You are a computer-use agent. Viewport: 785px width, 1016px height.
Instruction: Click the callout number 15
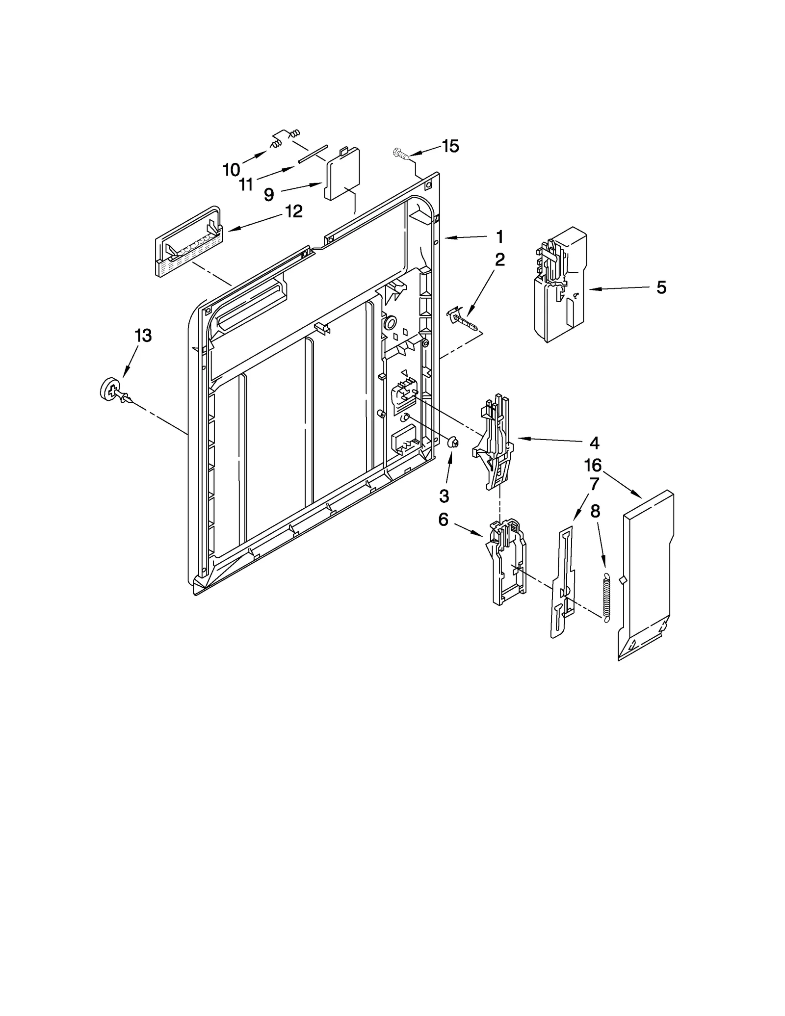450,146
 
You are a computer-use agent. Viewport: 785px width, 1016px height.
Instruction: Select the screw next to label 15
400,155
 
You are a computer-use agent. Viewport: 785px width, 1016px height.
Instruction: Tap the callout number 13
143,336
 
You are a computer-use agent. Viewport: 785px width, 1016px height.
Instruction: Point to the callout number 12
293,211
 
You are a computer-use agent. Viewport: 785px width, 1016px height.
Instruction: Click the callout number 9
268,195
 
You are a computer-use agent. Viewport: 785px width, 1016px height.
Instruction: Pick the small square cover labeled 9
343,174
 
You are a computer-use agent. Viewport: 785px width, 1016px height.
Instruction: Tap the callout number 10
231,170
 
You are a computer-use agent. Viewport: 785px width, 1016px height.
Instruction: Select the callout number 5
661,287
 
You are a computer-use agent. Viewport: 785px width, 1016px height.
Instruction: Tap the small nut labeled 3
453,443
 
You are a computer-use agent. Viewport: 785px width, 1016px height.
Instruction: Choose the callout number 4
594,443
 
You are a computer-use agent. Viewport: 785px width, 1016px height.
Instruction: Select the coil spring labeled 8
606,597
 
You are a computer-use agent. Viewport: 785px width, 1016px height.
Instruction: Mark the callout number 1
499,237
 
